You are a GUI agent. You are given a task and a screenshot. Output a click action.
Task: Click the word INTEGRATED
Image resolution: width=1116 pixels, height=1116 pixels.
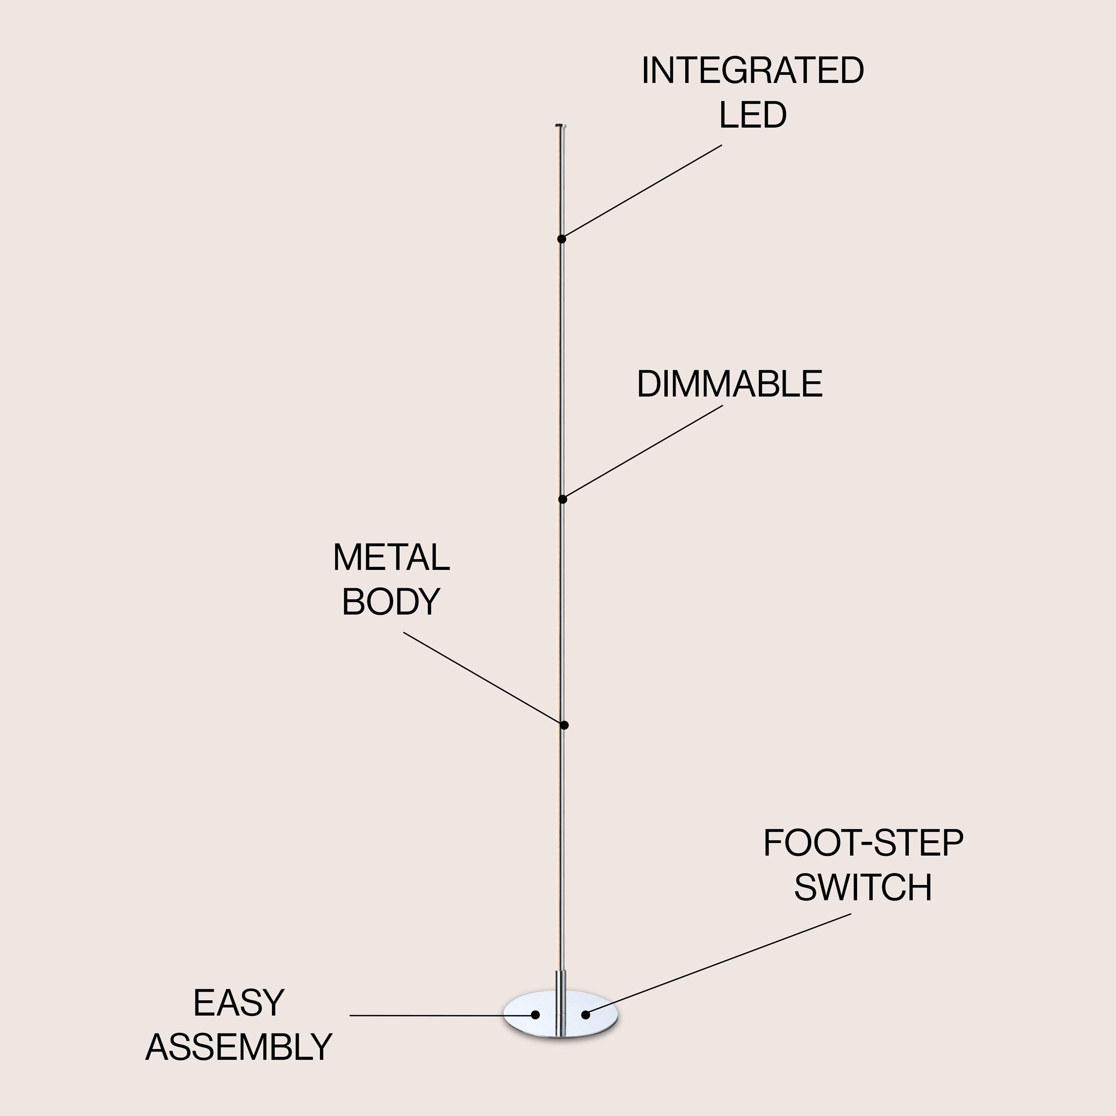tap(752, 71)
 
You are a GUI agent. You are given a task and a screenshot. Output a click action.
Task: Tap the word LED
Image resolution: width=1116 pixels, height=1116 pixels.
tap(752, 115)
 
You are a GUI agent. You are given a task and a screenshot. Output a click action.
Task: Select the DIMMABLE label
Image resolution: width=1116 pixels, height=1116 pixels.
tap(729, 384)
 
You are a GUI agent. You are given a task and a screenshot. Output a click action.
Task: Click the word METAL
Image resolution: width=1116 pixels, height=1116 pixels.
tap(391, 558)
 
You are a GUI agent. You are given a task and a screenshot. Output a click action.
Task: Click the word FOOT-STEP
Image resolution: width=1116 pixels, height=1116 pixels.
tap(863, 843)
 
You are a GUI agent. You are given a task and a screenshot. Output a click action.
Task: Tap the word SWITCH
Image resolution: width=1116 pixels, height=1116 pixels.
tap(863, 888)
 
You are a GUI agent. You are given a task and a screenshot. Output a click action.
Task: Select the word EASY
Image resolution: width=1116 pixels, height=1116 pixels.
tap(238, 1003)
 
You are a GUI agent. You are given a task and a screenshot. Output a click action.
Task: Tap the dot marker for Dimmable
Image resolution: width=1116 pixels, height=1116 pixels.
tap(562, 499)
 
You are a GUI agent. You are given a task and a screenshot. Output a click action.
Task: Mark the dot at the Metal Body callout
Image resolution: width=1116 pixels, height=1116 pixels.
tap(564, 725)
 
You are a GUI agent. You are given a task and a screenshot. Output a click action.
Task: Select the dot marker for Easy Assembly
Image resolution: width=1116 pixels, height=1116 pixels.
tap(535, 1015)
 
